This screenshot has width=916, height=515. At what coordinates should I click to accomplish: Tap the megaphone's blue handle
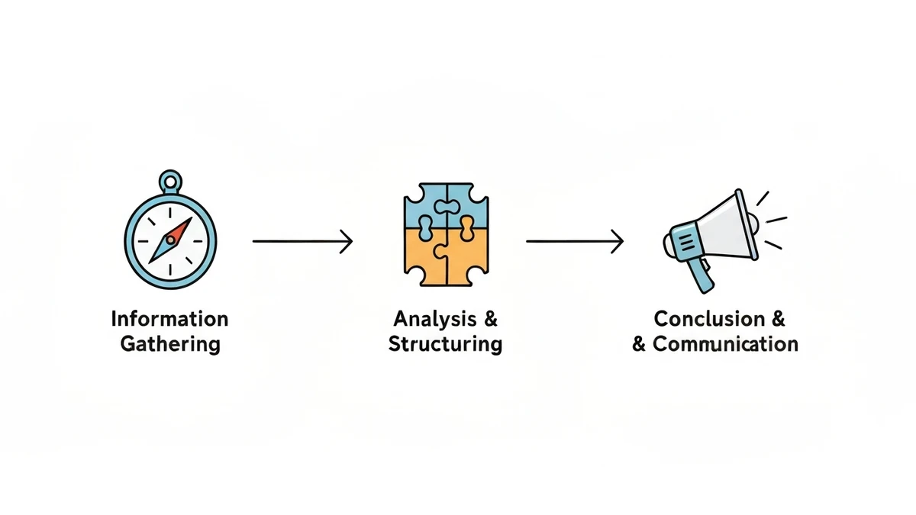700,275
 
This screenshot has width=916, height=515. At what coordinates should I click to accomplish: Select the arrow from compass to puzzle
302,242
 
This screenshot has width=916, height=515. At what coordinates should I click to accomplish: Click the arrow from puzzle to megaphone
574,242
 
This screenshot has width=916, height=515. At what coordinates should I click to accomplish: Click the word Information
169,318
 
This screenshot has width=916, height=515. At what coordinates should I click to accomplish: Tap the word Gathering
169,344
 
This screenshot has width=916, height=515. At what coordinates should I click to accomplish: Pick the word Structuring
445,344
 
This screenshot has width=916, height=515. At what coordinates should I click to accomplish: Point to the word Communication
725,344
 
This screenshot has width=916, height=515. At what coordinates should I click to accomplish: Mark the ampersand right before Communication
639,344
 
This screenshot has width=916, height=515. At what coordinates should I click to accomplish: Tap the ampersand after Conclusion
778,318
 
